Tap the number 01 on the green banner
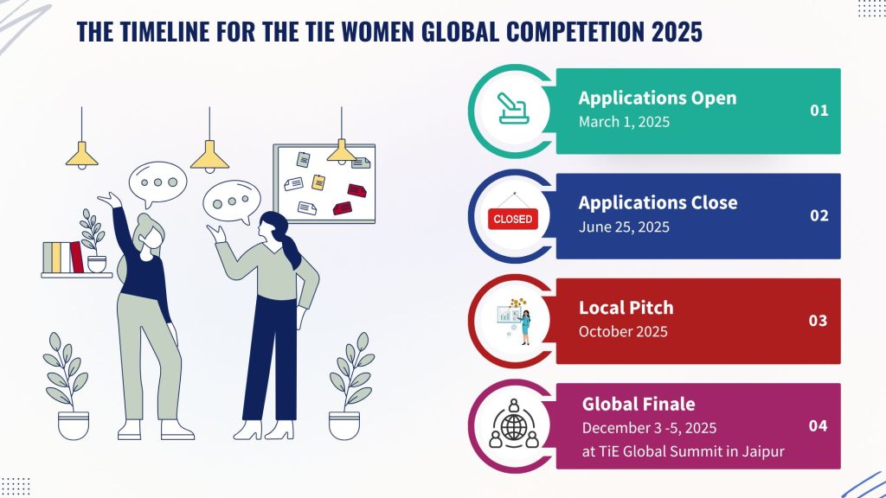pos(819,110)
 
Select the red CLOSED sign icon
pos(513,215)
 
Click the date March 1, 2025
pos(624,122)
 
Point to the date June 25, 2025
pos(624,227)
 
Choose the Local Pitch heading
pos(626,308)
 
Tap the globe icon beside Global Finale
pos(513,425)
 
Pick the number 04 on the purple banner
pos(818,425)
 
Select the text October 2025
pos(623,331)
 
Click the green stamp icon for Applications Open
pos(512,108)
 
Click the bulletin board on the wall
pos(324,183)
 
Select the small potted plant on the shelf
pos(94,241)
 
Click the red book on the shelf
pos(76,257)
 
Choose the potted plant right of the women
pos(350,386)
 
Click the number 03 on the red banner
pos(818,320)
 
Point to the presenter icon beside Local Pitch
pos(515,322)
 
